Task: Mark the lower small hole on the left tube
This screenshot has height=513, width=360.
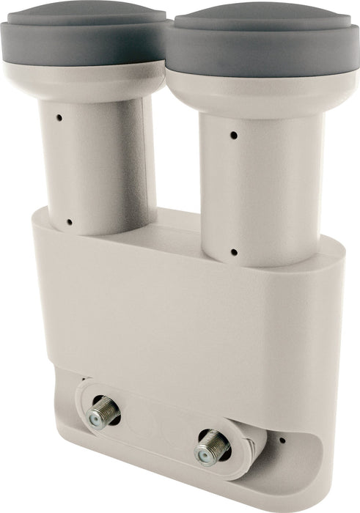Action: (69, 222)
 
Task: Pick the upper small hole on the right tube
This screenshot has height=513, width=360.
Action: (234, 135)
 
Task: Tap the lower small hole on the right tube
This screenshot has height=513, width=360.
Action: (234, 252)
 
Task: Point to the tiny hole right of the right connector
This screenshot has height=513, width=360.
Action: (282, 440)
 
